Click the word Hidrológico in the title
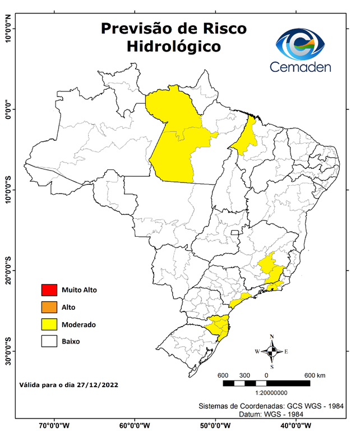point(173,46)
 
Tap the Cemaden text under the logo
point(301,67)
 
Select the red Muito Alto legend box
point(49,290)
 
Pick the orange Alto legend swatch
point(49,307)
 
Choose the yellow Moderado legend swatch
point(49,324)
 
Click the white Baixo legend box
point(49,341)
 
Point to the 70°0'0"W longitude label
point(54,425)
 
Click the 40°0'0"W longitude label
point(297,425)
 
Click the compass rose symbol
point(271,351)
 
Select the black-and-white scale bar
point(266,383)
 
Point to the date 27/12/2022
point(98,386)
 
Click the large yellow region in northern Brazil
point(177,137)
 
